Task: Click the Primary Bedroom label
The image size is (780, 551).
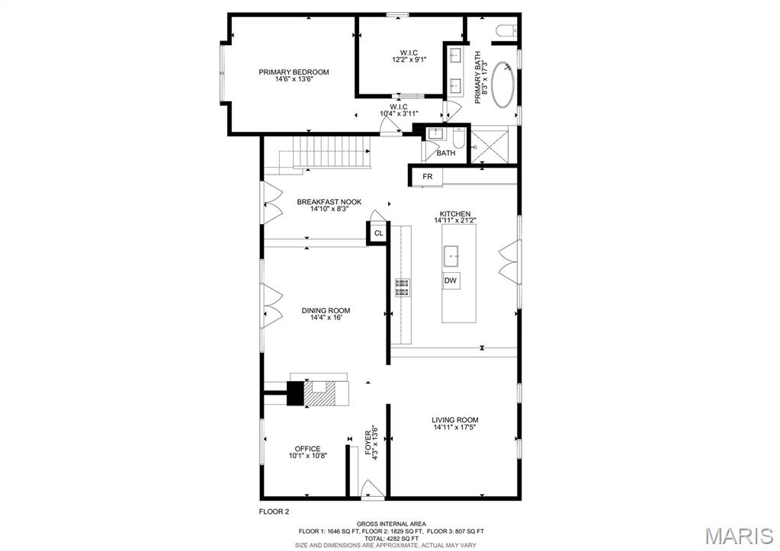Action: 294,72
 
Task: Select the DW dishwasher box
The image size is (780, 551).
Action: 451,281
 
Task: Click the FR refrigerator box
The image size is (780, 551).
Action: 428,177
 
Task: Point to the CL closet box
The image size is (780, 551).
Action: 378,233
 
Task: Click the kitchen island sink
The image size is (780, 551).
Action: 451,255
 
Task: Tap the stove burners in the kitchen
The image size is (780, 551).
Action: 402,287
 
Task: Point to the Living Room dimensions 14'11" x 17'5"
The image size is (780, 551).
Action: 455,428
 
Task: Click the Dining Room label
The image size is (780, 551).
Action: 326,310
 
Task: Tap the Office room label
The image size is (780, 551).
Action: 307,449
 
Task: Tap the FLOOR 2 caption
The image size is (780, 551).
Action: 274,512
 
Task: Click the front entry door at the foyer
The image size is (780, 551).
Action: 371,490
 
